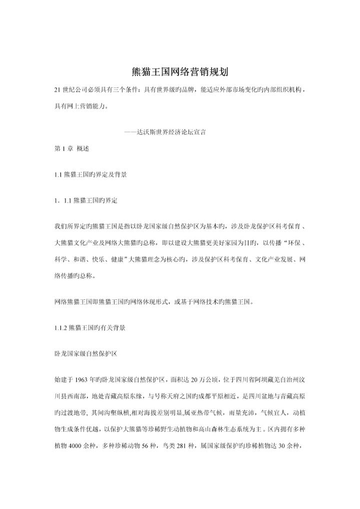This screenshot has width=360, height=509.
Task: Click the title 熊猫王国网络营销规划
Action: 179,71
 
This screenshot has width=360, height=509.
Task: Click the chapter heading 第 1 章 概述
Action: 72,148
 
